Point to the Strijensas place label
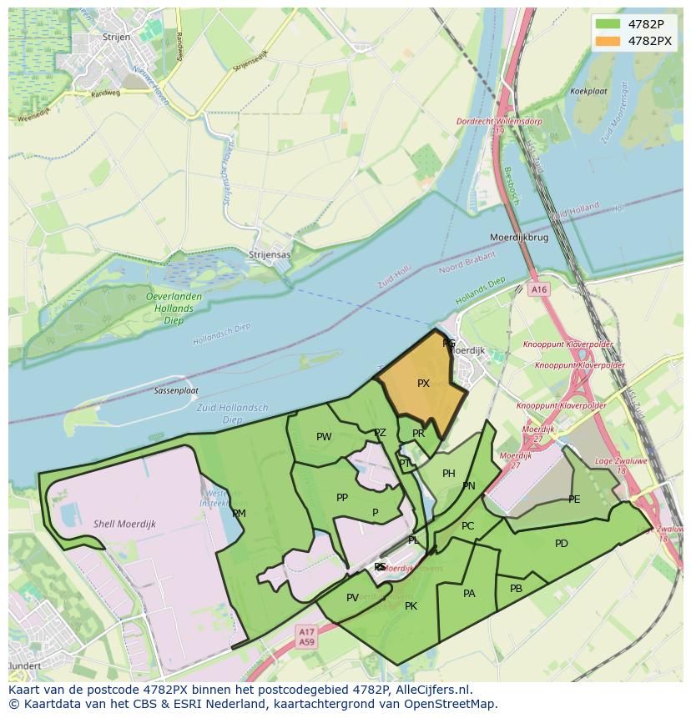point(270,254)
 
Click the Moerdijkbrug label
point(519,238)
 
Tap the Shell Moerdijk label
point(125,524)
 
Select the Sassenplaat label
point(176,390)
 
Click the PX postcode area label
point(423,384)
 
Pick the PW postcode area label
point(324,436)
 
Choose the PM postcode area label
point(239,513)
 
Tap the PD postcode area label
point(561,544)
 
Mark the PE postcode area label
point(574,500)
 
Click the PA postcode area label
point(469,594)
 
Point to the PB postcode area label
point(516,588)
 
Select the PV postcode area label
point(352,597)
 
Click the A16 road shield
point(539,289)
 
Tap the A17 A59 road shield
point(307,638)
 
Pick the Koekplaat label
point(588,91)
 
